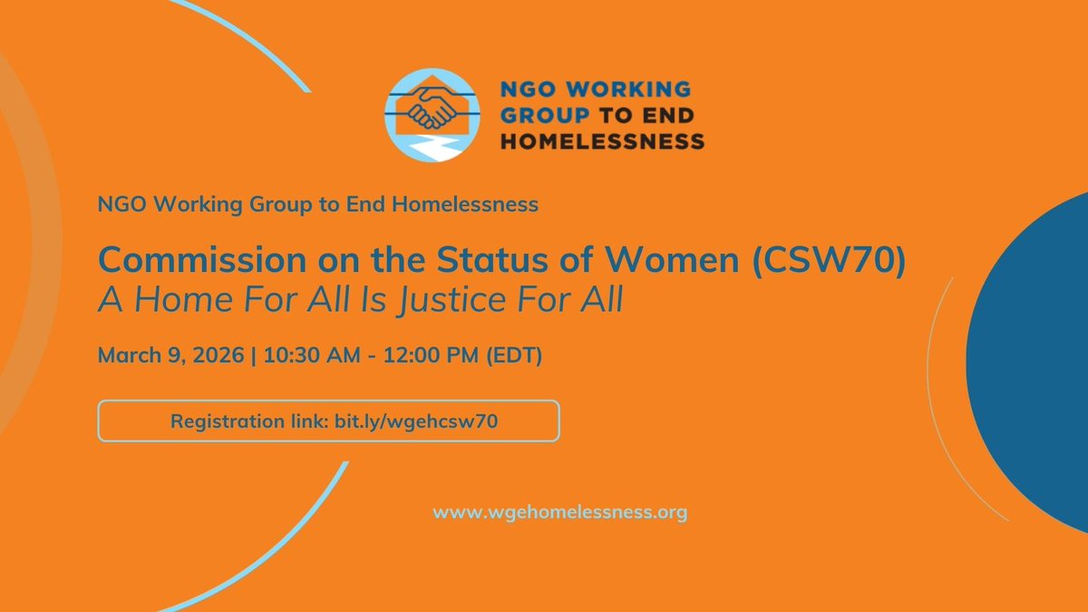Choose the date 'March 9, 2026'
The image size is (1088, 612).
(x=170, y=355)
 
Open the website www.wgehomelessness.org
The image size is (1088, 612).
(x=559, y=513)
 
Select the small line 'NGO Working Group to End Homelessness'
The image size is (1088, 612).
(x=318, y=205)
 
